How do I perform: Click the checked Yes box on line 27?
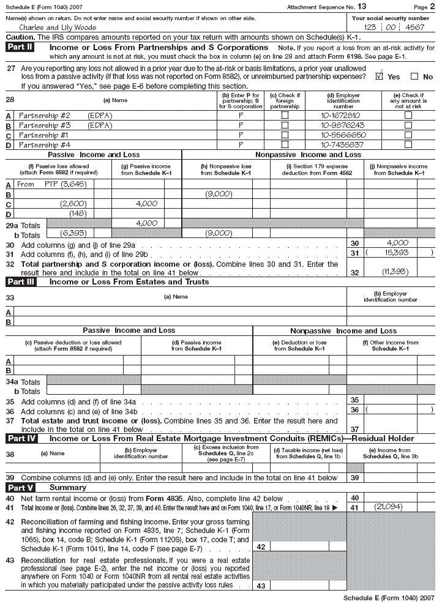tap(379, 76)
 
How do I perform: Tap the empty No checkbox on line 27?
tap(414, 76)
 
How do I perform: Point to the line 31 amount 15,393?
tap(399, 252)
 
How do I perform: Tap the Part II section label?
tap(20, 47)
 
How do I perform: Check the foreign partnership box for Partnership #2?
tap(285, 115)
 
